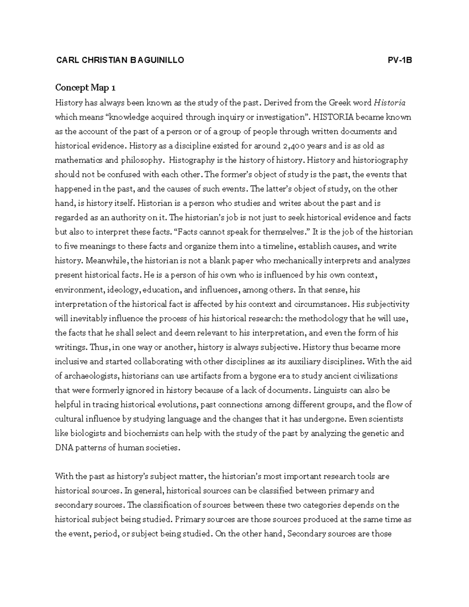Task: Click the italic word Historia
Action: tap(390, 103)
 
